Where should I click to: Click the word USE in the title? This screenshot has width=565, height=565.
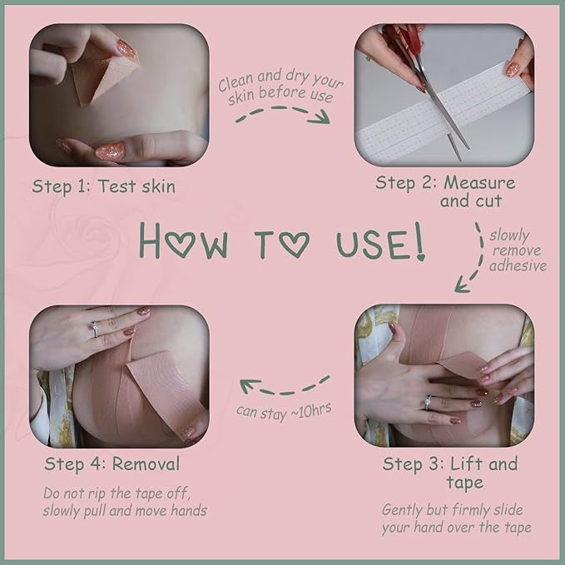click(372, 240)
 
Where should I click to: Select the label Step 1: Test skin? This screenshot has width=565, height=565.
click(104, 186)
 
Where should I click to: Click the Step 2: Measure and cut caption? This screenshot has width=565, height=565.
click(445, 191)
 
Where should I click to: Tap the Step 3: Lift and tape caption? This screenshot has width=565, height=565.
click(450, 473)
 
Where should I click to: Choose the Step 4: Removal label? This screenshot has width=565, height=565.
click(112, 463)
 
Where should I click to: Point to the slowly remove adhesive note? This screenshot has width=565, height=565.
click(518, 250)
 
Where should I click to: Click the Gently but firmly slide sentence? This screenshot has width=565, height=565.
click(456, 518)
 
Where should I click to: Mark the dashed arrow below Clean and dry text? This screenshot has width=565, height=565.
click(282, 116)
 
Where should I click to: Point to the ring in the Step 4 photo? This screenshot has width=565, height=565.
click(95, 329)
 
